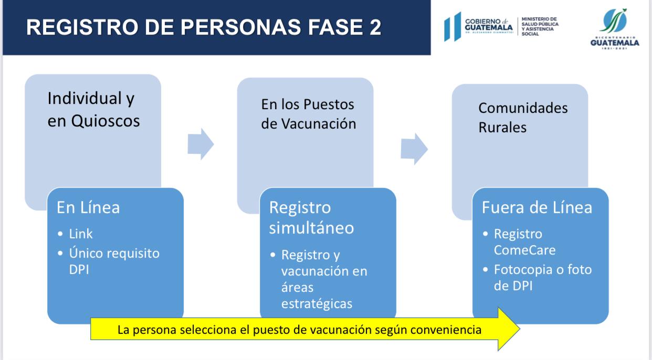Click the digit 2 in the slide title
tap(375, 27)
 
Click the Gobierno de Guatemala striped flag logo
tap(453, 26)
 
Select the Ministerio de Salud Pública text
tap(540, 26)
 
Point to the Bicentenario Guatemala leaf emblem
tap(614, 20)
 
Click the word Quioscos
tap(106, 121)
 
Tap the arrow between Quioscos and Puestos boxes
tap(201, 144)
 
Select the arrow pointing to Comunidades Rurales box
tap(414, 149)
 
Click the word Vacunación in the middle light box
tap(319, 124)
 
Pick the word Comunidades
tap(523, 108)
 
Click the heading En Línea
tap(88, 207)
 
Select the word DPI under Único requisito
tap(79, 270)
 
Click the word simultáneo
tap(311, 228)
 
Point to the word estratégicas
tap(317, 304)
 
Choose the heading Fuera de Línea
tap(537, 207)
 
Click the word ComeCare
tap(525, 250)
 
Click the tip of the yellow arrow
tap(520, 329)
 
